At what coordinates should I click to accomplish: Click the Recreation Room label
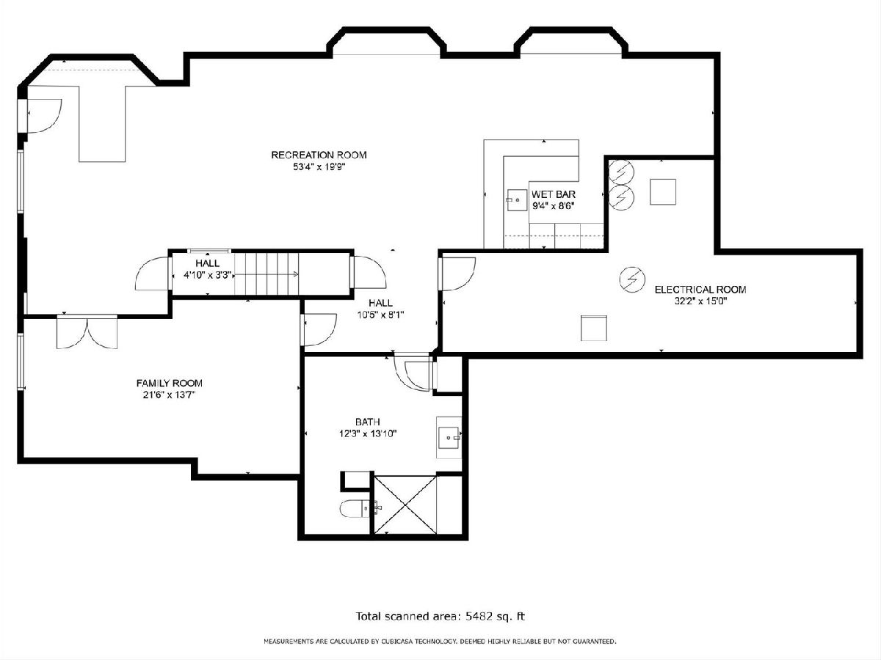click(x=319, y=155)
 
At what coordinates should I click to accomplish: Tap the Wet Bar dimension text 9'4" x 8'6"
click(x=553, y=206)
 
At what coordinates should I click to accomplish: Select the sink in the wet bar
click(x=517, y=199)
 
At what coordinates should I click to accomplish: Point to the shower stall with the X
click(x=405, y=505)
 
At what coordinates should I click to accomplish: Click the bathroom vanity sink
click(x=449, y=438)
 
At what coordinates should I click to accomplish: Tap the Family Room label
click(x=169, y=383)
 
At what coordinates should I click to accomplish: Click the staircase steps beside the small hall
click(x=267, y=274)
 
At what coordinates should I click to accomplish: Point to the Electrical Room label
click(x=700, y=290)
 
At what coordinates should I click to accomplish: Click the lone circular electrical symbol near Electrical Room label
click(x=632, y=279)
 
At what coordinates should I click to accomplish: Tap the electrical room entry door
click(x=457, y=274)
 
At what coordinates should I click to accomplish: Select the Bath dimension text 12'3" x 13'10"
click(x=368, y=433)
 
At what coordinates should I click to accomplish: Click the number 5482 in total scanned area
click(x=479, y=616)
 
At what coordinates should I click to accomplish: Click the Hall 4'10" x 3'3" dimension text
click(x=208, y=275)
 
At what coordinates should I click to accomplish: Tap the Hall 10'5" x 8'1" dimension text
click(x=380, y=315)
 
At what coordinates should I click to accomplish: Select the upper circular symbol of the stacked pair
click(x=621, y=172)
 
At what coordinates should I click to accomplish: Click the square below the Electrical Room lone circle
click(x=594, y=329)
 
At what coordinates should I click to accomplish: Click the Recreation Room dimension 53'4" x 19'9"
click(x=319, y=166)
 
